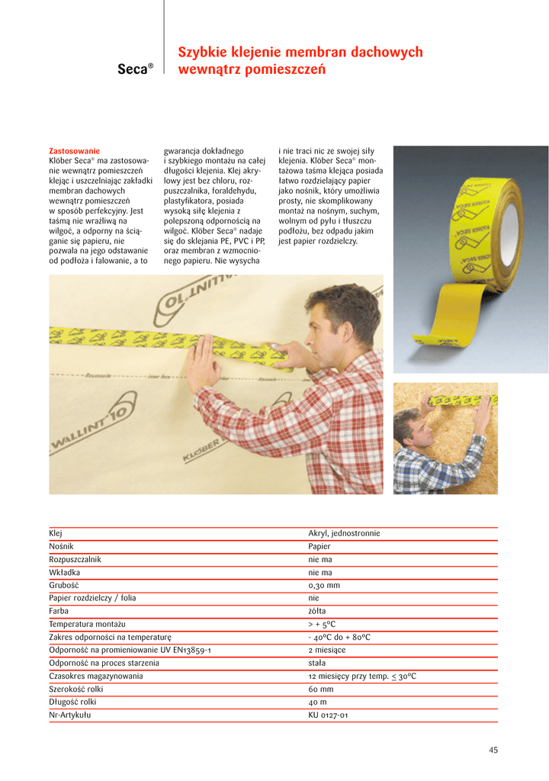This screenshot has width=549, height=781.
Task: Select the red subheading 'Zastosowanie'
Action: [74, 151]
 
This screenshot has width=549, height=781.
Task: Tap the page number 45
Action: [493, 750]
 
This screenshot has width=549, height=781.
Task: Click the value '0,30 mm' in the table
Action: [324, 585]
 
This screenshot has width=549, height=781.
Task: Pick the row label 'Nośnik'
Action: [63, 546]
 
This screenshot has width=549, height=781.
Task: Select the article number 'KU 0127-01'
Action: [329, 715]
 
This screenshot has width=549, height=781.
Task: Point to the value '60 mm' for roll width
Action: [321, 689]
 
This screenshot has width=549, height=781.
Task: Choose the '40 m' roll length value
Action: [318, 702]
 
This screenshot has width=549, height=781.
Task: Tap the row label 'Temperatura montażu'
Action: [87, 624]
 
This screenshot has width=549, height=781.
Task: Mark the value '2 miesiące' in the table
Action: [327, 650]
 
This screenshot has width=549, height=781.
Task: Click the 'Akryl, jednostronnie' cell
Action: [344, 533]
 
